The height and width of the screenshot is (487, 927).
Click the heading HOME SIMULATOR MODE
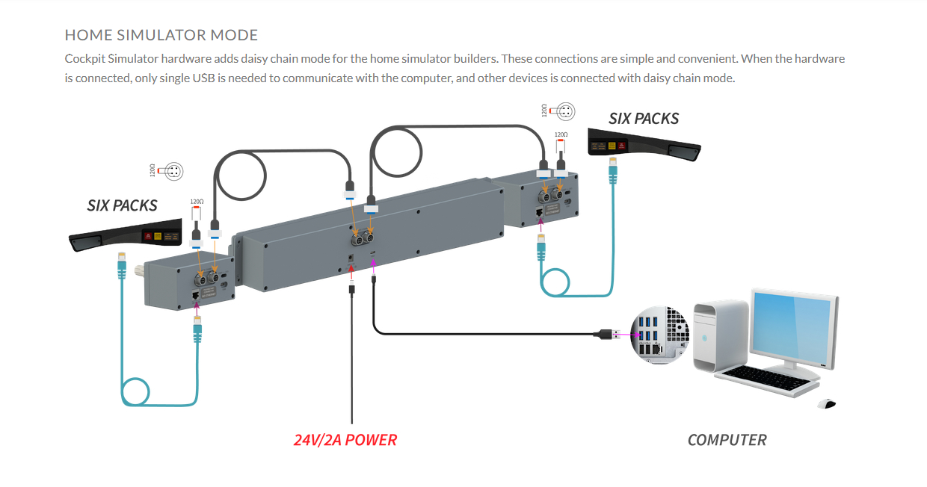tap(161, 35)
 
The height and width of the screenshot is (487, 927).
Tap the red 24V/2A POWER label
tap(345, 440)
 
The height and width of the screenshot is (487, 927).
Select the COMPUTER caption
tap(727, 440)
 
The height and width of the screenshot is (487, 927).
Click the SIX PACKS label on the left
tap(122, 205)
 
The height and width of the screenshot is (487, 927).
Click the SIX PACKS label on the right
tap(644, 119)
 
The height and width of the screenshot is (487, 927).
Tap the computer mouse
tap(826, 404)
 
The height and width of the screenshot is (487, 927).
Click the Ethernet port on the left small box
tap(197, 297)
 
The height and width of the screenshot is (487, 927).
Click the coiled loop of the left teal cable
tap(136, 393)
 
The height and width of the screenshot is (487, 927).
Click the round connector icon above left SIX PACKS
tap(174, 171)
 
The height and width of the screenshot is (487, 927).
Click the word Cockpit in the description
tap(85, 58)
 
